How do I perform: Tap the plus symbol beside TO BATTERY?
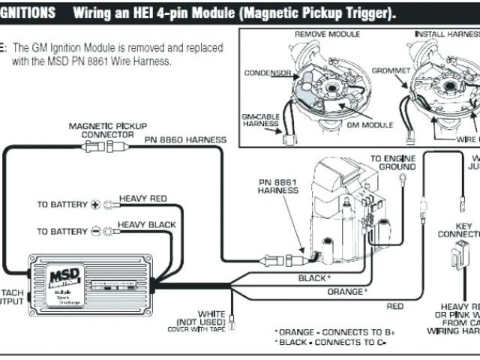(95, 204)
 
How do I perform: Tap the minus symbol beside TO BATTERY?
(95, 231)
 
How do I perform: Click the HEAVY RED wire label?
(142, 198)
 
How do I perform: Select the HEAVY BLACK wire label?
(147, 224)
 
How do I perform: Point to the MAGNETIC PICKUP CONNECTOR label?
(108, 130)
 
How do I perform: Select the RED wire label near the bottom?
(394, 306)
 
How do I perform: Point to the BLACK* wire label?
(313, 277)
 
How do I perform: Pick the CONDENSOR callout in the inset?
(267, 73)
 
